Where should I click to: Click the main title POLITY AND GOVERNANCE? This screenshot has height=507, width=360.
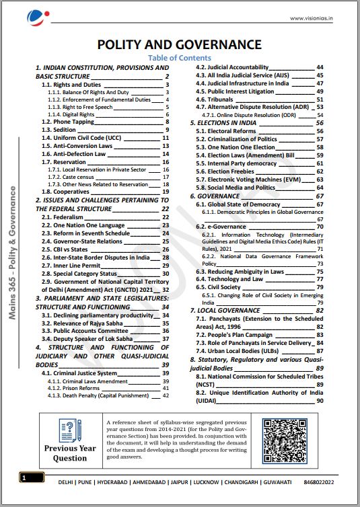[x=179, y=44]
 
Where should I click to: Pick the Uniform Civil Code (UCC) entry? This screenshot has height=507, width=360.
[x=85, y=137]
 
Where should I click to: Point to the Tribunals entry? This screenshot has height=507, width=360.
[x=215, y=99]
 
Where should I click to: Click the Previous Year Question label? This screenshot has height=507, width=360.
[x=71, y=453]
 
